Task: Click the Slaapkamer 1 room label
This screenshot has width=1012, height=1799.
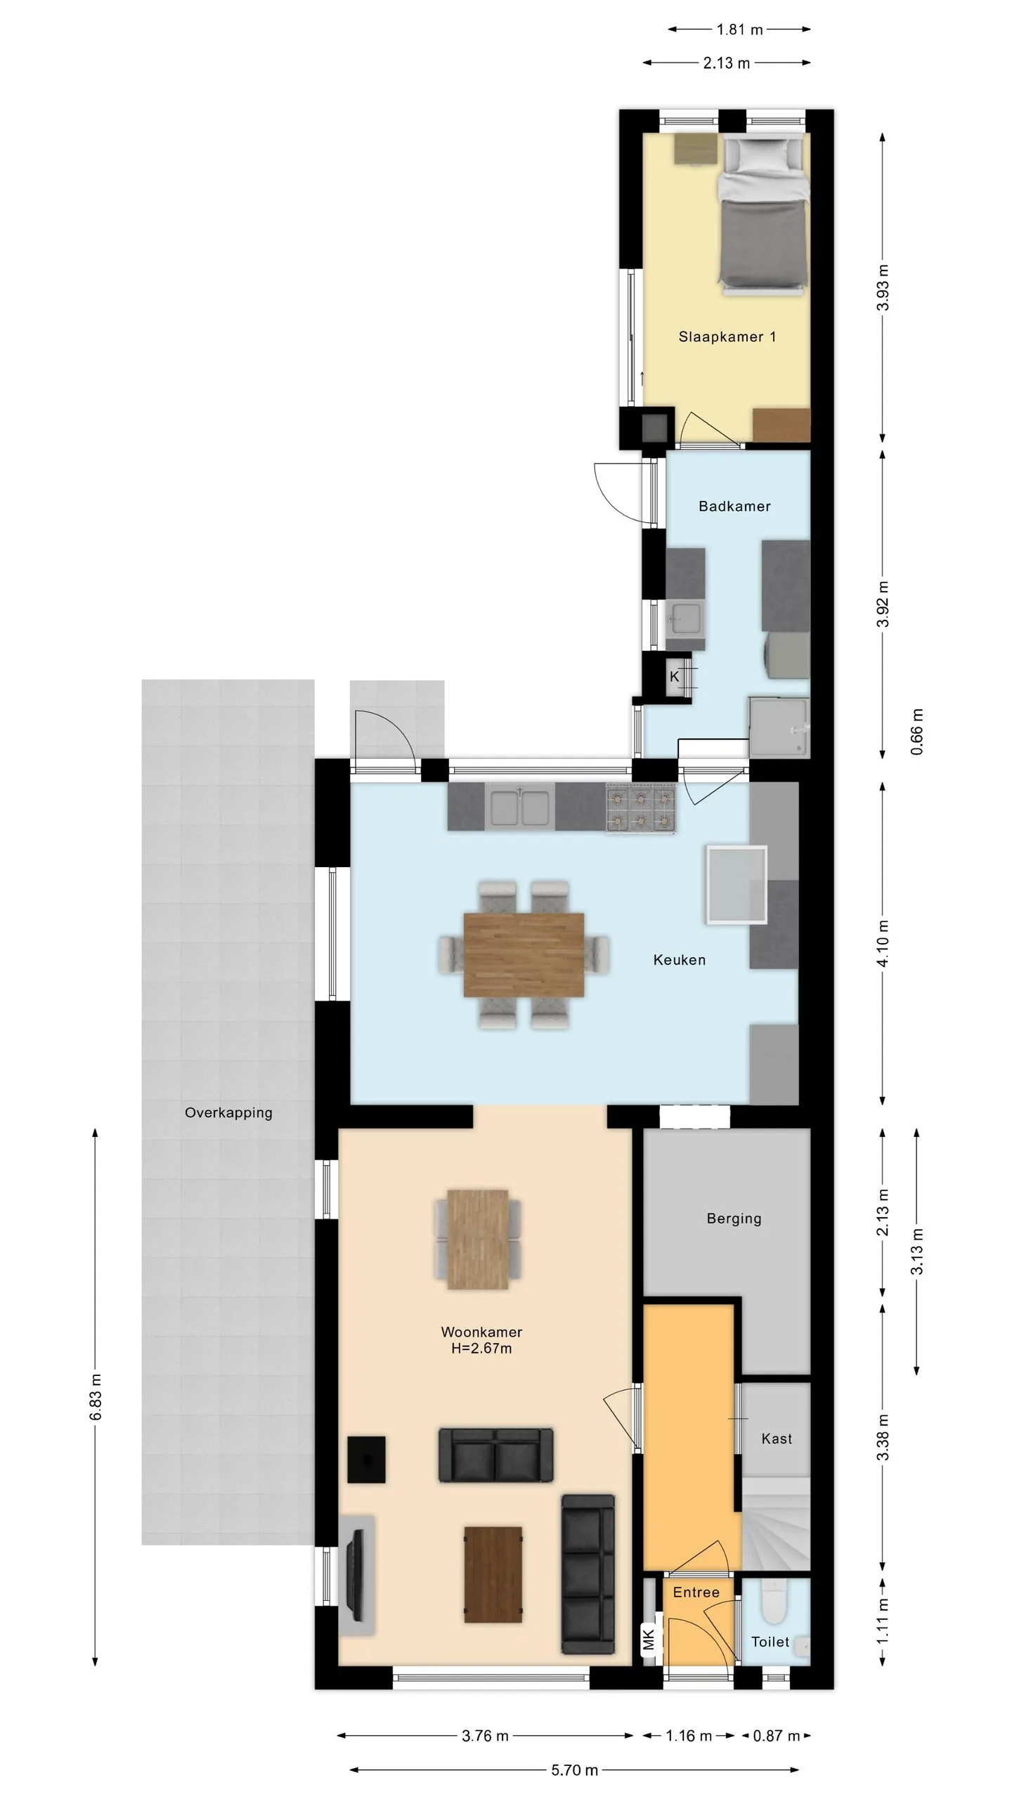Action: (727, 337)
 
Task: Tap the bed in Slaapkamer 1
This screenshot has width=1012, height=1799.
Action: (763, 214)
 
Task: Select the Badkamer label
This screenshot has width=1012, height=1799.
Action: (734, 506)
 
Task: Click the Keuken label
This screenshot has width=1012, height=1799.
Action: (679, 960)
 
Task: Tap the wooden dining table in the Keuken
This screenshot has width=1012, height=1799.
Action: (524, 954)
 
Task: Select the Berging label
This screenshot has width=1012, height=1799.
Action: (734, 1219)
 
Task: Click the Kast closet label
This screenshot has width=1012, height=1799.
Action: (777, 1438)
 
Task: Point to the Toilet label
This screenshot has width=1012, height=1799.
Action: (770, 1642)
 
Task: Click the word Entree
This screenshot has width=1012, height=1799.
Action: (696, 1592)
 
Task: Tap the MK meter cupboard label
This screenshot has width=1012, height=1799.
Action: (649, 1639)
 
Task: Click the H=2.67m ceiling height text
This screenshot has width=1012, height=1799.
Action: (481, 1349)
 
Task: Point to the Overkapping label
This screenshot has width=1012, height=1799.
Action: (228, 1113)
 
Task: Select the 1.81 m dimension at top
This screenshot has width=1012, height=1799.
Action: (739, 30)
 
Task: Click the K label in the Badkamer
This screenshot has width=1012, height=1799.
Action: (674, 677)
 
